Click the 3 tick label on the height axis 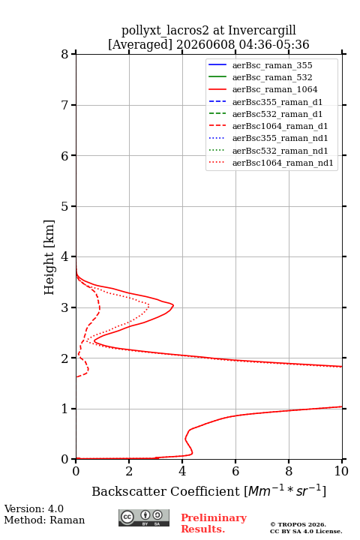pos(64,307)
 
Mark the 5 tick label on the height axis pos(64,206)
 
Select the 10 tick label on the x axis pos(341,471)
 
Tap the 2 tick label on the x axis pos(129,471)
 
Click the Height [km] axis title pos(49,257)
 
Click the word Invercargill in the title pos(262,30)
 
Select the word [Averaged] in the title pos(140,44)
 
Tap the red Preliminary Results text pos(214,523)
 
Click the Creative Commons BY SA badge pos(144,518)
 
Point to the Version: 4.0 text pos(34,508)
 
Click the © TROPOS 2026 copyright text pos(298,524)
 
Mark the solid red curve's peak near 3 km pos(173,305)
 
